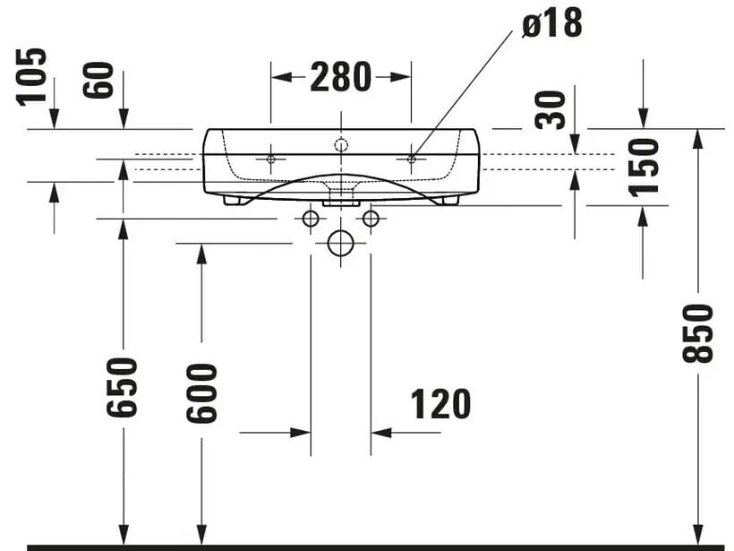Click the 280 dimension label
[341, 77]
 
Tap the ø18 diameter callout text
[551, 24]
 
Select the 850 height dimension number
[698, 332]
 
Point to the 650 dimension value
[123, 386]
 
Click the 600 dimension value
[201, 392]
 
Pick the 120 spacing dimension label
[440, 405]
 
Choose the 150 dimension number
[643, 166]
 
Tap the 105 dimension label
[31, 77]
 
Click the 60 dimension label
[100, 81]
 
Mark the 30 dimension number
[552, 110]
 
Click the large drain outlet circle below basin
[340, 243]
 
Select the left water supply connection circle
[311, 218]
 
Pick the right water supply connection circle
[371, 218]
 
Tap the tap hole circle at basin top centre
[340, 143]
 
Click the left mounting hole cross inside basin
[271, 159]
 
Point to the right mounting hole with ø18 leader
[411, 159]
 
